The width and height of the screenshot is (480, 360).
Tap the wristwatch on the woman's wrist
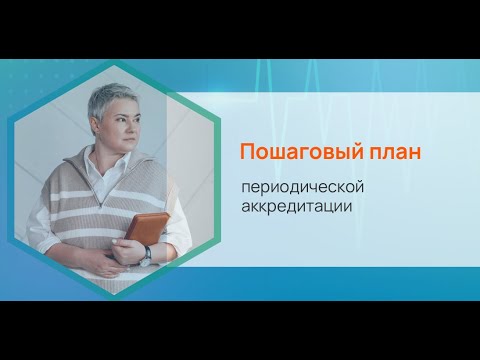pyautogui.click(x=147, y=253)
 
